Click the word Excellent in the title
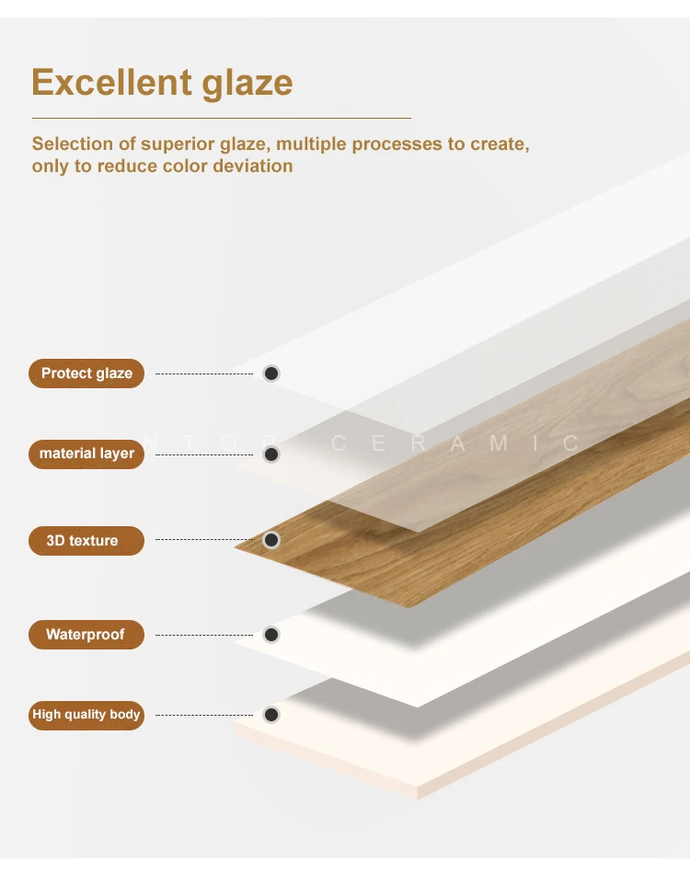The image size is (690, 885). [x=112, y=83]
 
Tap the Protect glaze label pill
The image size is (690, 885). [x=86, y=374]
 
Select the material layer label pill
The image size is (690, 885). [x=86, y=454]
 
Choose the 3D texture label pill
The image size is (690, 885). [x=86, y=541]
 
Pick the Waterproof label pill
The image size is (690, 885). [x=86, y=635]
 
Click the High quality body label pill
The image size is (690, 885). [x=86, y=715]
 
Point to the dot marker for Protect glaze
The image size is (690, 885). [x=271, y=374]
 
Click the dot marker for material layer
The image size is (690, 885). [x=271, y=454]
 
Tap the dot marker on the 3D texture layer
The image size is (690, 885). [x=271, y=540]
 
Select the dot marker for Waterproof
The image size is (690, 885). [x=271, y=635]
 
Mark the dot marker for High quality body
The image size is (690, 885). [x=271, y=715]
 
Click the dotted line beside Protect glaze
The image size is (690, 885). [x=204, y=374]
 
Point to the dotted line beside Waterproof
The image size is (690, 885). [x=204, y=635]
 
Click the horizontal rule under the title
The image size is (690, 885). [x=222, y=118]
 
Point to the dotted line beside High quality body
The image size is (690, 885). [x=204, y=715]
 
